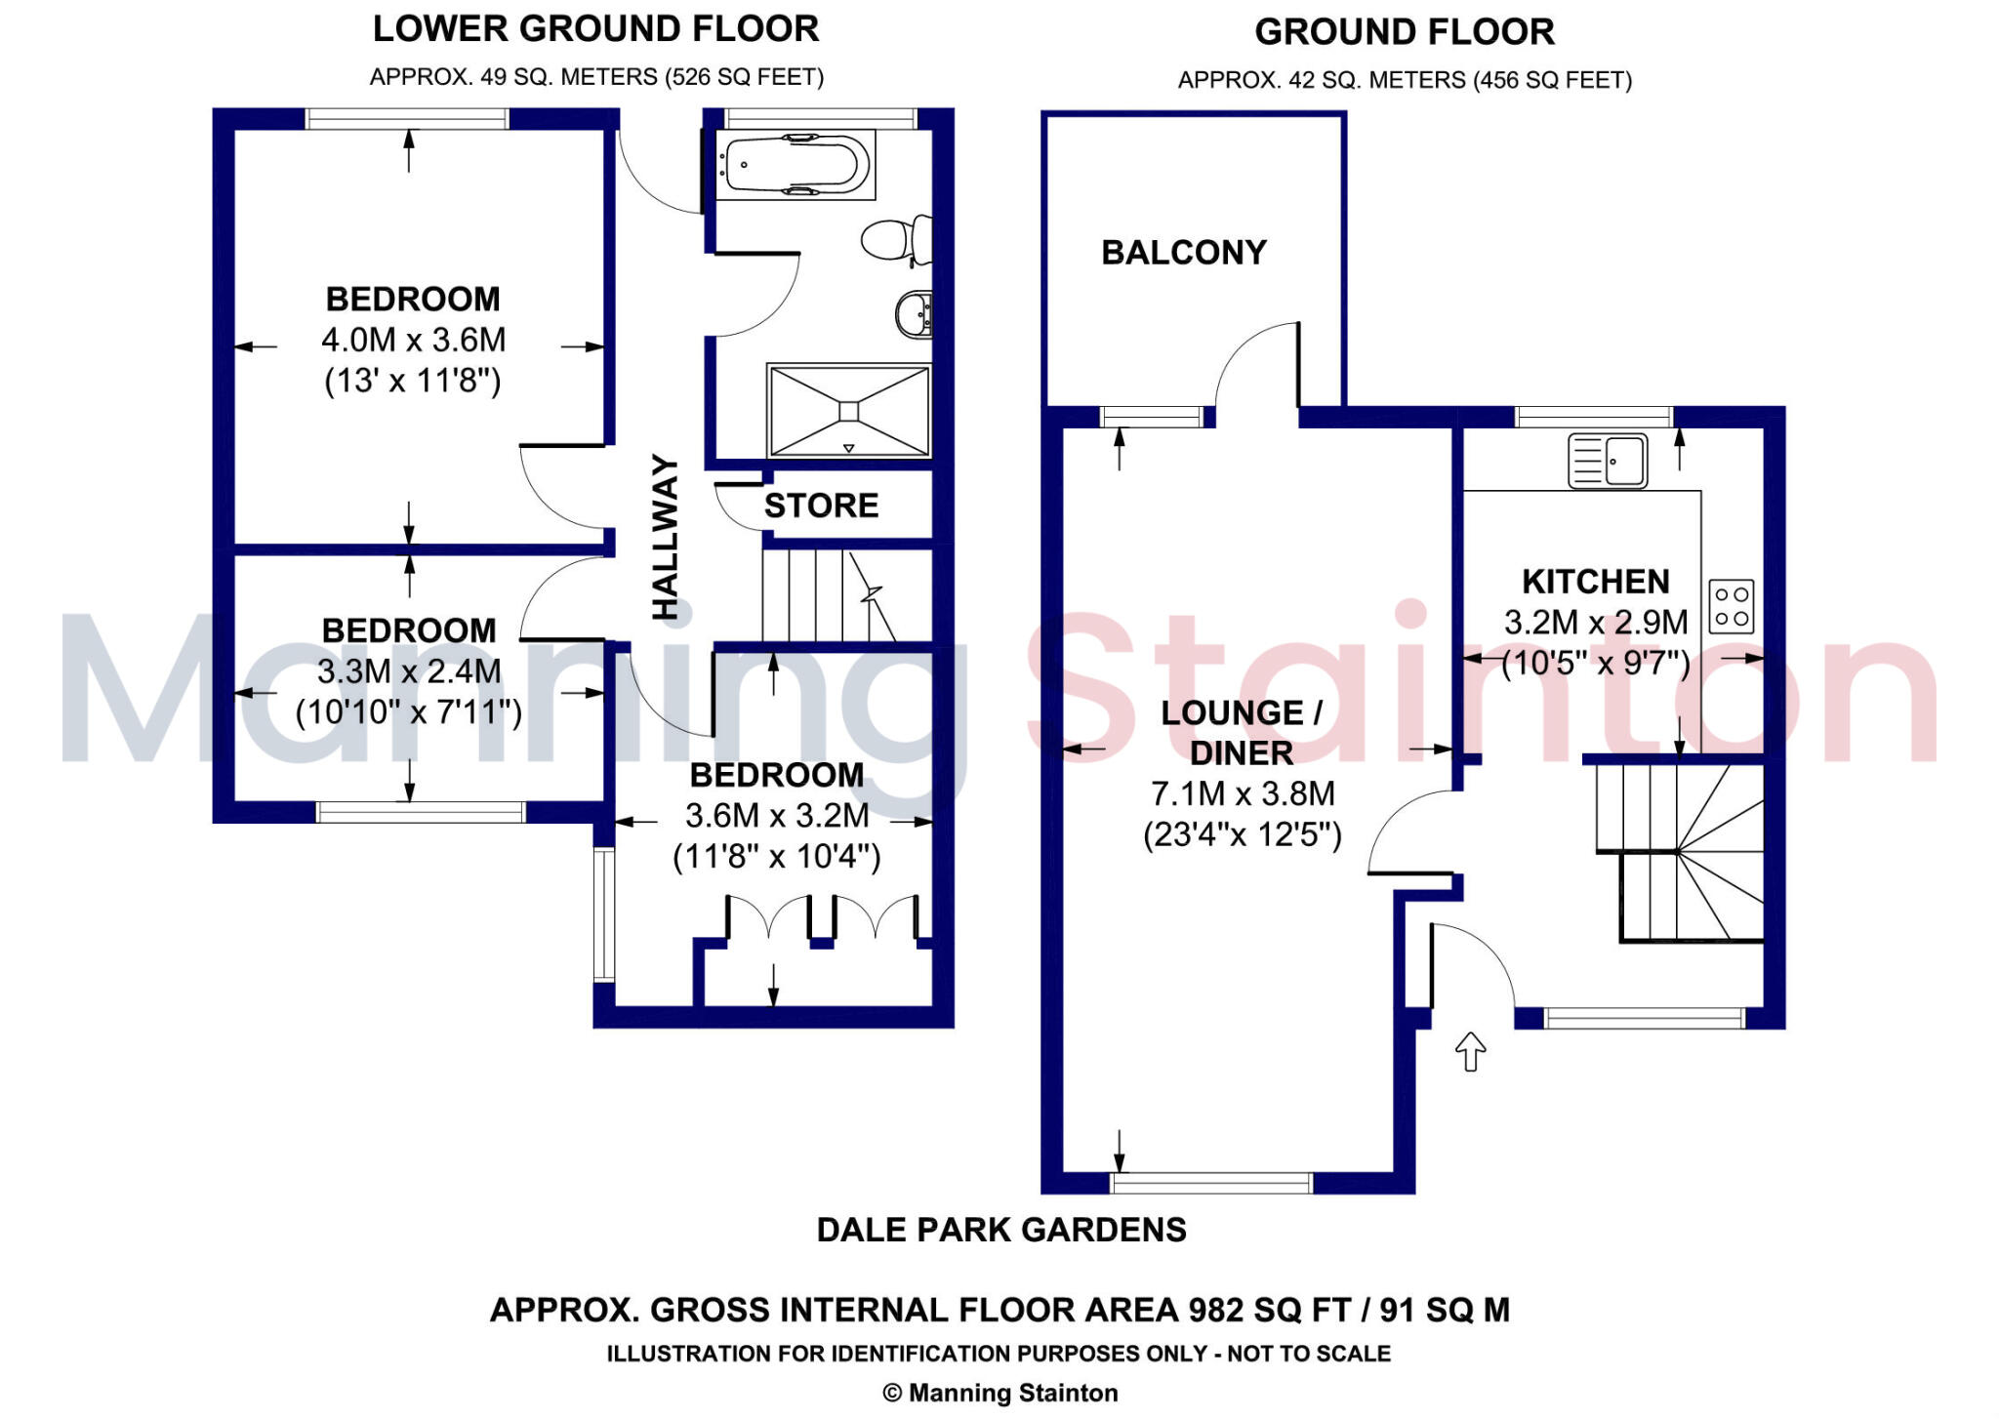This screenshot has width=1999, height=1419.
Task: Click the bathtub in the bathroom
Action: tap(796, 166)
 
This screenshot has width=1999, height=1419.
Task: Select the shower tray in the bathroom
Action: tap(848, 411)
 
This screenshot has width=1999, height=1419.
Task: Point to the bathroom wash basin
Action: tap(914, 313)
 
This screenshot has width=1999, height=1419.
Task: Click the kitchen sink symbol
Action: tap(1608, 460)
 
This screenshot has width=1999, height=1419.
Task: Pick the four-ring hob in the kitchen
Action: tap(1732, 606)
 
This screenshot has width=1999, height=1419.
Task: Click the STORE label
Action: tap(821, 506)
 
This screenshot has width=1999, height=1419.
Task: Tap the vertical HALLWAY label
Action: tap(665, 537)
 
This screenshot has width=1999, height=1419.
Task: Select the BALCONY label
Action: tap(1183, 253)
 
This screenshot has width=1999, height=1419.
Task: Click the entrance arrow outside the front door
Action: tap(1470, 1051)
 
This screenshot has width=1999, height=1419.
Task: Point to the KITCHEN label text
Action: tap(1596, 582)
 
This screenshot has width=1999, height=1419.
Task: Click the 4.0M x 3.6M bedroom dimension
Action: tap(414, 340)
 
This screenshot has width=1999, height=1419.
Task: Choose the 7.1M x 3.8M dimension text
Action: tap(1243, 793)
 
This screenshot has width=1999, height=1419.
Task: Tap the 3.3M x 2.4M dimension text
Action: tap(409, 671)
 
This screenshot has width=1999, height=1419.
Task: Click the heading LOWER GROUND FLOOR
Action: tap(595, 29)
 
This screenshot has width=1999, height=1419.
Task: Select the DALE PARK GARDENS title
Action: tap(1001, 1230)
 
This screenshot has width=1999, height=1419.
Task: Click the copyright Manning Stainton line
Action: tap(1000, 1393)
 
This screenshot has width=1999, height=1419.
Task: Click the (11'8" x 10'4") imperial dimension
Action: tap(777, 857)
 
